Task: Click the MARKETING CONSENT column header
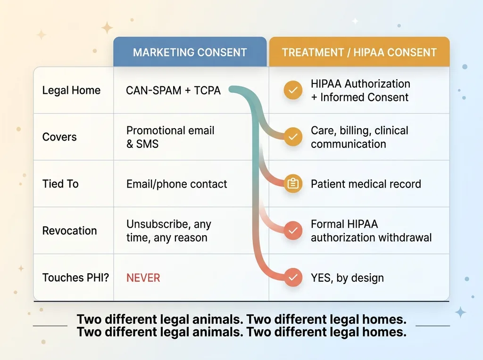pyautogui.click(x=190, y=52)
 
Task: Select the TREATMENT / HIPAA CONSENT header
pyautogui.click(x=359, y=52)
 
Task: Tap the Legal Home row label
pyautogui.click(x=71, y=90)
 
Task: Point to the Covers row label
pyautogui.click(x=59, y=137)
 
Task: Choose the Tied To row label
pyautogui.click(x=60, y=184)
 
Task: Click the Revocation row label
pyautogui.click(x=70, y=231)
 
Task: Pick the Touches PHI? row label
pyautogui.click(x=75, y=278)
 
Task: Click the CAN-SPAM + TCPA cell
pyautogui.click(x=174, y=90)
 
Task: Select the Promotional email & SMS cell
pyautogui.click(x=170, y=137)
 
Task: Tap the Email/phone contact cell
pyautogui.click(x=176, y=184)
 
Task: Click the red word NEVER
pyautogui.click(x=143, y=278)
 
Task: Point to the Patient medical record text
pyautogui.click(x=366, y=184)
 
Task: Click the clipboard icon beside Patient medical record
pyautogui.click(x=293, y=184)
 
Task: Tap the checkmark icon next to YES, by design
pyautogui.click(x=293, y=278)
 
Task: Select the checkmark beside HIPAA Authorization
pyautogui.click(x=293, y=90)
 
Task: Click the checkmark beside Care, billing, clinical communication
pyautogui.click(x=293, y=137)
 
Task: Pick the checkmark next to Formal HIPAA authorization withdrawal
pyautogui.click(x=293, y=230)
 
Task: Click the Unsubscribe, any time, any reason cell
pyautogui.click(x=169, y=231)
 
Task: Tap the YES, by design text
pyautogui.click(x=347, y=278)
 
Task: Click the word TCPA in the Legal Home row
pyautogui.click(x=208, y=90)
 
